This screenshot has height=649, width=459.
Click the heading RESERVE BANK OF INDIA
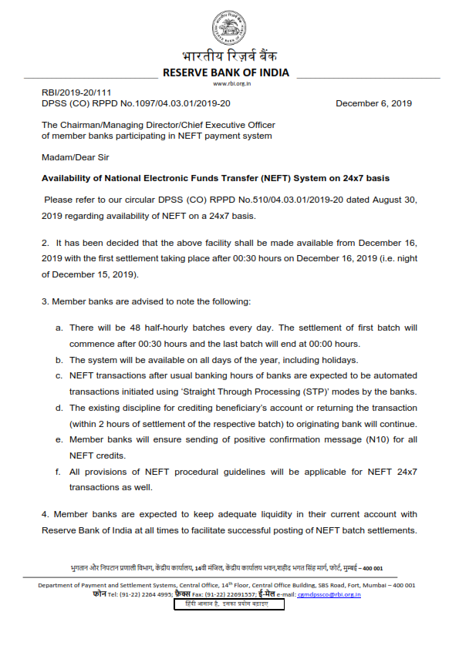[225, 72]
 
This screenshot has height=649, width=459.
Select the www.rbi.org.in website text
[229, 83]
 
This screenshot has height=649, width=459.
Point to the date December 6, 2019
[373, 103]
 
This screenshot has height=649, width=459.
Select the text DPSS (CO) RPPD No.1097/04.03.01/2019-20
[135, 103]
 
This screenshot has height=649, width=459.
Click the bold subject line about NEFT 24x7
[215, 178]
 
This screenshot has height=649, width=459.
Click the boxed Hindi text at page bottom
[229, 605]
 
